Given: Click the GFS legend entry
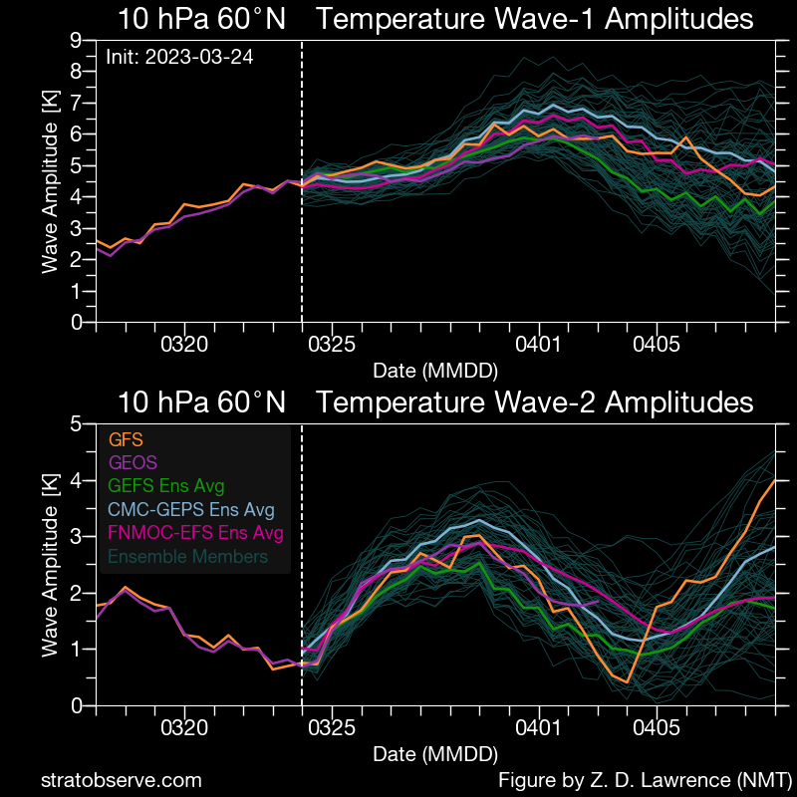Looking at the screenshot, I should (x=126, y=439).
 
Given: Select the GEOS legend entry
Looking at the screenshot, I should (x=133, y=462).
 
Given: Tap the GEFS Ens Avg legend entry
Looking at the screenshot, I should (x=166, y=486).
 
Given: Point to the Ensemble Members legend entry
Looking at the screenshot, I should (x=187, y=556).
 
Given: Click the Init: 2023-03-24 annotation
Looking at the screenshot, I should (x=179, y=57).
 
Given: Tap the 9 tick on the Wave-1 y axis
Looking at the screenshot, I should (x=76, y=40).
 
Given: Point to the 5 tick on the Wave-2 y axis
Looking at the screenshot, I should (x=76, y=423).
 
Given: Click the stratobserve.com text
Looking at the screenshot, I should (x=121, y=780).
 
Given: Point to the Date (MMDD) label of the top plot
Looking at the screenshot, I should (x=435, y=371).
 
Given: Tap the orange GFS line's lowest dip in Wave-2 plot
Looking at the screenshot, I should (x=628, y=681).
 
